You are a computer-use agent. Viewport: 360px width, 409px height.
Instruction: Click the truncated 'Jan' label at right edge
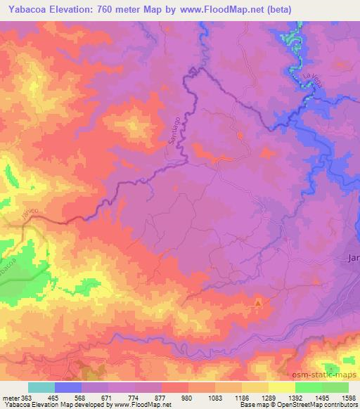click(354, 258)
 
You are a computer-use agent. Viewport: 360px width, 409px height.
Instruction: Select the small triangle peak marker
click(258, 304)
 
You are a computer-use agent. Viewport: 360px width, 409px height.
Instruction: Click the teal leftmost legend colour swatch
click(41, 387)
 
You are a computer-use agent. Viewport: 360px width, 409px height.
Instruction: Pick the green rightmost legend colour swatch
click(335, 387)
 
